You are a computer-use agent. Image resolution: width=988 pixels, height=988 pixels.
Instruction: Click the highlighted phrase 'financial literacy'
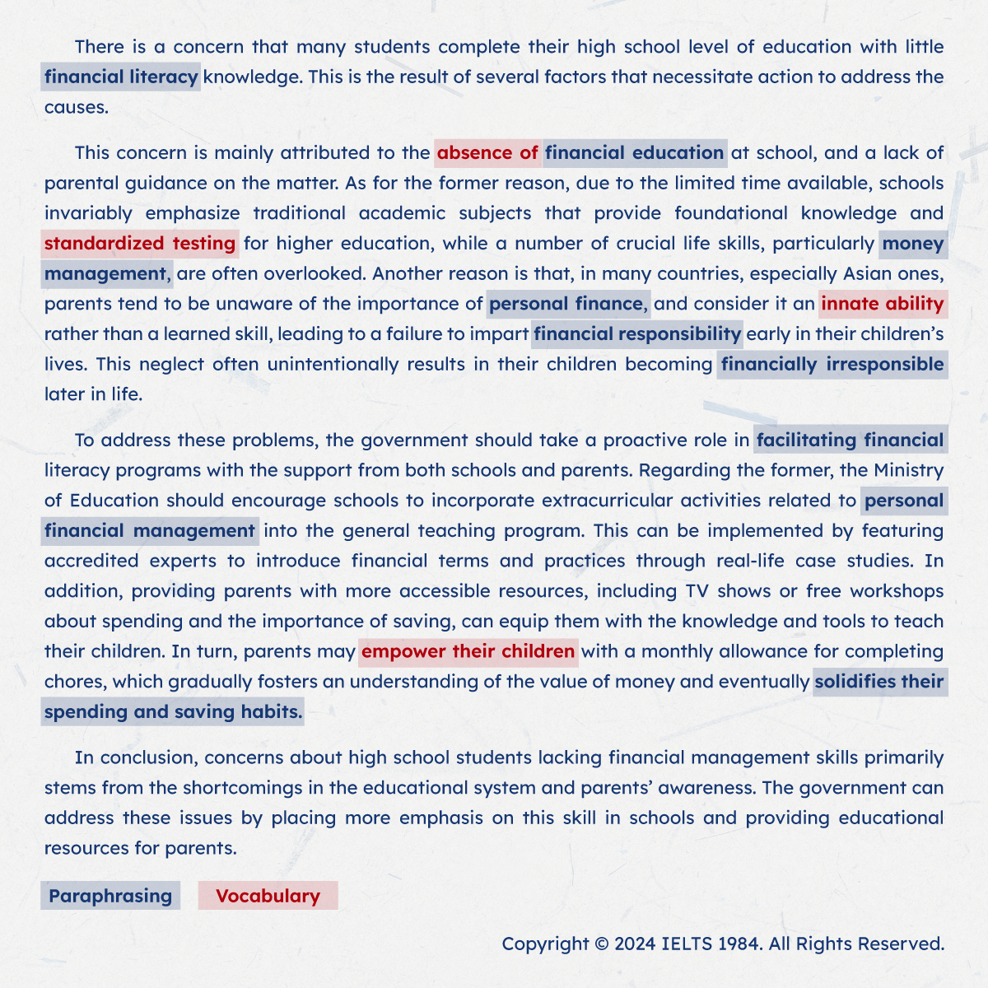coord(121,77)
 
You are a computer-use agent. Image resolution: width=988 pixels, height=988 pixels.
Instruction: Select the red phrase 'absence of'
coord(487,153)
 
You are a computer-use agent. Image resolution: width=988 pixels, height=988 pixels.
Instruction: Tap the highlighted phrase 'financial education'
coord(634,153)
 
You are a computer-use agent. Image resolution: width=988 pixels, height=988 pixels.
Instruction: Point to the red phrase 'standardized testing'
coord(140,244)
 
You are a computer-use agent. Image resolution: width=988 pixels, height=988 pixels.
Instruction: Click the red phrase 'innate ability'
coord(882,304)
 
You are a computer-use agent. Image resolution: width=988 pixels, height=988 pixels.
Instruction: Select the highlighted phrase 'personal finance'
coord(567,304)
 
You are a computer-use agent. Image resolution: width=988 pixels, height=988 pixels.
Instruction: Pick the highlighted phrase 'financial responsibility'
coord(637,334)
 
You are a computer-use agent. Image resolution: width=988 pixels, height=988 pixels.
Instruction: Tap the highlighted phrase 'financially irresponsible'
coord(832,365)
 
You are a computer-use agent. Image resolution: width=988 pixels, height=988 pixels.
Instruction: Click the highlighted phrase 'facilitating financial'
coord(850,440)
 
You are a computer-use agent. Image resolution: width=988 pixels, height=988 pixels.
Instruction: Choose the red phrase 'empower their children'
coord(468,651)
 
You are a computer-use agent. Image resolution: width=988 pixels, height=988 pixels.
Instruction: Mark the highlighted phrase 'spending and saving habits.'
coord(173,712)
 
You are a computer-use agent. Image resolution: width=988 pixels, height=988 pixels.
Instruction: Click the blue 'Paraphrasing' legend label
coord(110,896)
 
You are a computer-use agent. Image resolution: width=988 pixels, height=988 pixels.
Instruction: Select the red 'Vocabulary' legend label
coord(268,896)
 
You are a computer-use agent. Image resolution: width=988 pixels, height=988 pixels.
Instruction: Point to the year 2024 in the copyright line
coord(635,944)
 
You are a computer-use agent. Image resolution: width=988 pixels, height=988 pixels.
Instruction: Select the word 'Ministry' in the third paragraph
coord(909,470)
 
